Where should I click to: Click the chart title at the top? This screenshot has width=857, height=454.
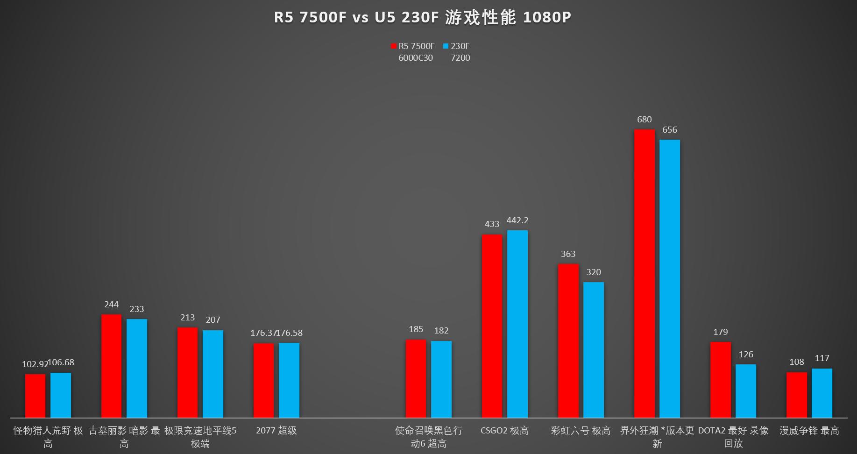[x=422, y=18]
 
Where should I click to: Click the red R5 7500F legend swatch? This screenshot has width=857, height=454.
[x=394, y=46]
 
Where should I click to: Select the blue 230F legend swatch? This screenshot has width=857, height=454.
[x=446, y=46]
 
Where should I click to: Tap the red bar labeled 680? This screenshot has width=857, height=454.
[x=644, y=273]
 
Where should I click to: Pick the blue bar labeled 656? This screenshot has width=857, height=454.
[x=669, y=278]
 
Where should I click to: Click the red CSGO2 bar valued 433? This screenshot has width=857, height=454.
[x=492, y=326]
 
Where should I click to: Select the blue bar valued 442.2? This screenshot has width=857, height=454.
[x=517, y=324]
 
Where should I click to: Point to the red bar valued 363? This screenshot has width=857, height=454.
[x=568, y=340]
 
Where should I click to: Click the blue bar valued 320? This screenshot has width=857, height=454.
[x=593, y=350]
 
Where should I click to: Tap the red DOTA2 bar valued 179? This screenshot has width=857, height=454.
[x=720, y=380]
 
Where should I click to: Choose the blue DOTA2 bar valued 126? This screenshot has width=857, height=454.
[x=745, y=391]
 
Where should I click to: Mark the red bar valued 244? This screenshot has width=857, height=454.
[x=111, y=366]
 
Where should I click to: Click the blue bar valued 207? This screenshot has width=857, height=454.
[x=212, y=374]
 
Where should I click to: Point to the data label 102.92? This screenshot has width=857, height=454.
[x=35, y=364]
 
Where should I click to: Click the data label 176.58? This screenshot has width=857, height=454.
[x=290, y=333]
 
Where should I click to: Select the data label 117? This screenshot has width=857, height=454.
[x=822, y=358]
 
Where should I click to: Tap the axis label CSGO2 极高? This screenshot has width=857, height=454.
[x=504, y=431]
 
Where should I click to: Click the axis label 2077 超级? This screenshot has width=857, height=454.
[x=276, y=431]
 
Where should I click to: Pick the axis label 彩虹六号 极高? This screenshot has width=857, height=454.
[x=581, y=431]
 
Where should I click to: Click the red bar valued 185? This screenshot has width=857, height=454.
[x=416, y=378]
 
